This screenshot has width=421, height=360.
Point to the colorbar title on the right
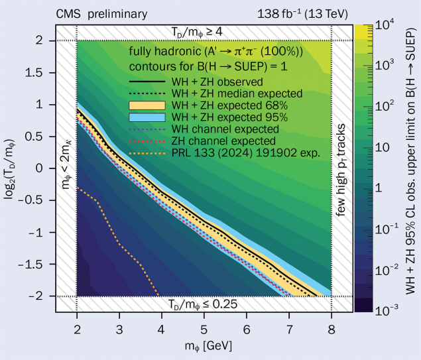[409, 167]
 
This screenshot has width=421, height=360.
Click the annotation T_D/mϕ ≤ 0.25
[202, 305]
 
